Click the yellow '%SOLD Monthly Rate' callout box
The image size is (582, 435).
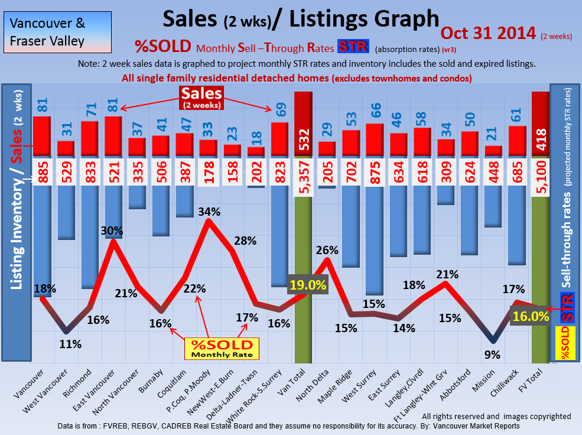(219, 348)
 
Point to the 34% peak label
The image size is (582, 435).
(209, 212)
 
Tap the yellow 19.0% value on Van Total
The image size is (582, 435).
(307, 285)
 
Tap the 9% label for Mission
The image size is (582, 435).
(492, 355)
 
